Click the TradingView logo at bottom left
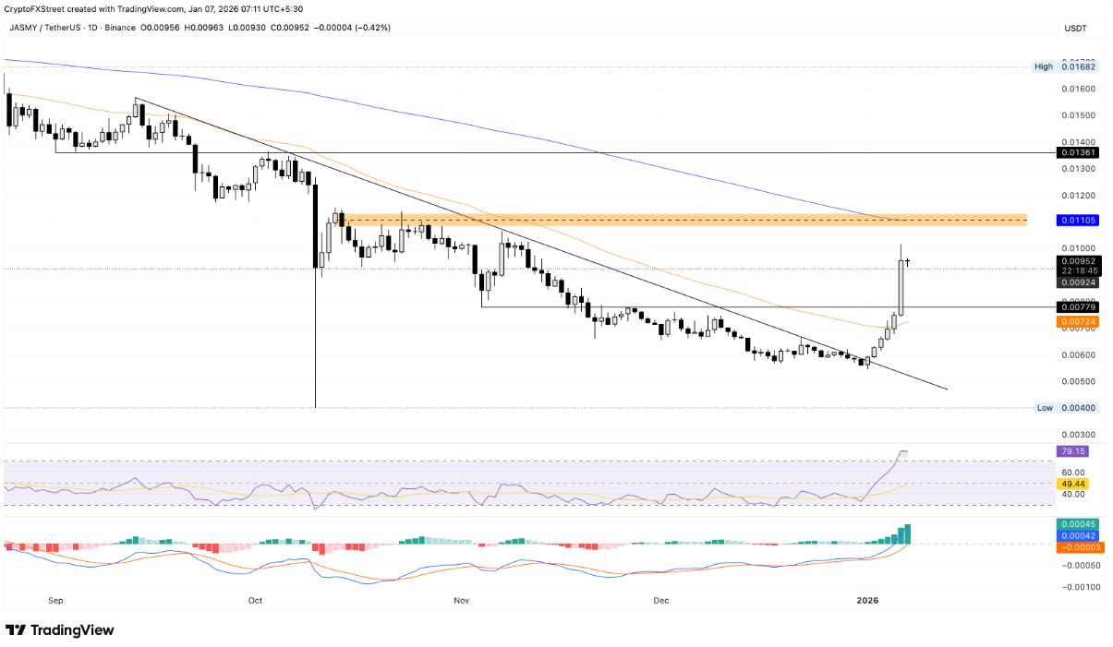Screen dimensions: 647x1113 (60, 629)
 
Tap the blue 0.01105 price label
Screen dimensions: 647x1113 (1078, 221)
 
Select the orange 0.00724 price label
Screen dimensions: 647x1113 (1078, 321)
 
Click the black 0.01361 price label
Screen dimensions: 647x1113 (1078, 153)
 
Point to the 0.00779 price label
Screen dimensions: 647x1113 (1078, 306)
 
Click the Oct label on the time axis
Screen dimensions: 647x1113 (256, 600)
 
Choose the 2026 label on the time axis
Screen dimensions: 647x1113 (866, 600)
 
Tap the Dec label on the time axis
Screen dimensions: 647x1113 (660, 600)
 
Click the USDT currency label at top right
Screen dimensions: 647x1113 (1076, 29)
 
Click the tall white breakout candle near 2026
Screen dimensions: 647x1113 (901, 286)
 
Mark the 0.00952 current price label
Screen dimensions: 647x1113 (1078, 260)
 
